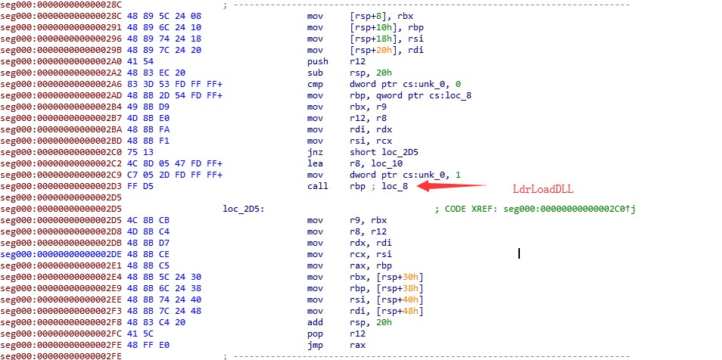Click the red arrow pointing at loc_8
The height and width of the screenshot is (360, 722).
coord(453,185)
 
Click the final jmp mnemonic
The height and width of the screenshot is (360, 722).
coord(315,344)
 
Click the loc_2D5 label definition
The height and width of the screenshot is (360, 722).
coord(242,208)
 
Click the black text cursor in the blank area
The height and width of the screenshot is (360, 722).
coord(519,253)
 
